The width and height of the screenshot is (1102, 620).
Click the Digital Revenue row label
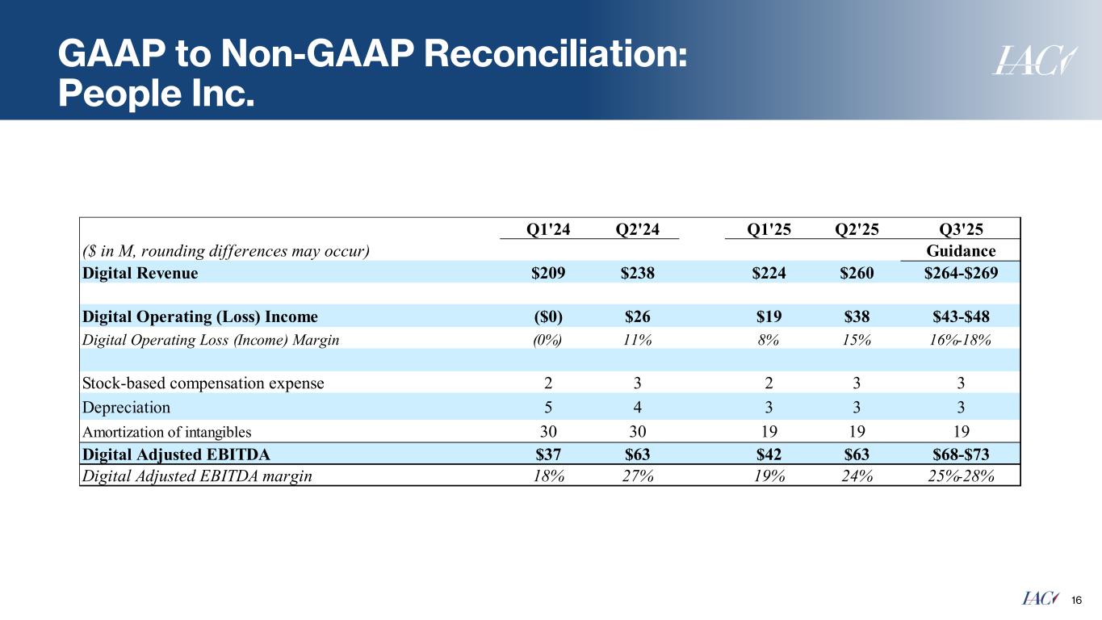pos(140,273)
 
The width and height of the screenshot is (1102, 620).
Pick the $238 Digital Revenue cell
pos(637,273)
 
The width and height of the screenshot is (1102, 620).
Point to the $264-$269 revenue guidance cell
pos(961,273)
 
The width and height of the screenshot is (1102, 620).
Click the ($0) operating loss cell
pos(549,316)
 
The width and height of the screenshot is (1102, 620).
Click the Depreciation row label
pos(126,407)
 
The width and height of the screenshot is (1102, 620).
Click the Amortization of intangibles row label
pos(166,431)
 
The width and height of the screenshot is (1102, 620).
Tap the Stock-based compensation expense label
pos(203,383)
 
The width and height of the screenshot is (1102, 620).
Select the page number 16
pos(1076,599)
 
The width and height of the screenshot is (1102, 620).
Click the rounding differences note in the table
pos(226,250)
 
